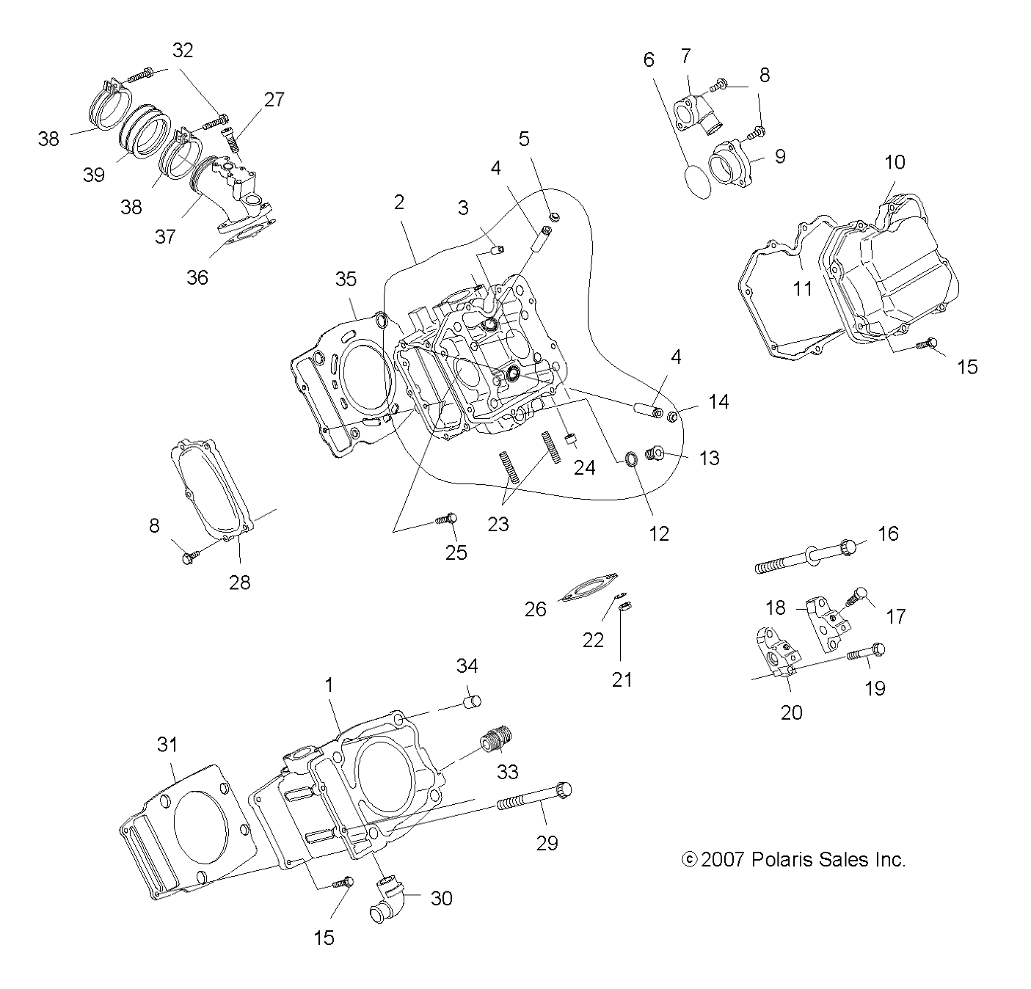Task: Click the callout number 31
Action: tap(167, 744)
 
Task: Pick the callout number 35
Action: tap(346, 279)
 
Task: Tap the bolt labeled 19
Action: tap(866, 652)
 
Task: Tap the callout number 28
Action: tap(240, 582)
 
